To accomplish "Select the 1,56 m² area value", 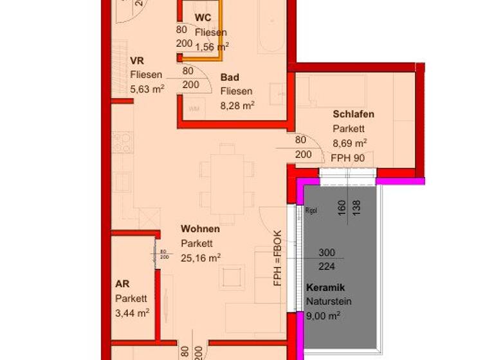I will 212,46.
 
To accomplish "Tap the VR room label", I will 136,61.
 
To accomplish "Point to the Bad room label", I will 230,77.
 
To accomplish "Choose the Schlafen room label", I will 353,114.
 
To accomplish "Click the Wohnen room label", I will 200,229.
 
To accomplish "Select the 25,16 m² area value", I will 201,257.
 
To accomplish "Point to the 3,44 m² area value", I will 132,312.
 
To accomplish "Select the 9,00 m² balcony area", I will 323,316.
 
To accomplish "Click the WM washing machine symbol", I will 194,109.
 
